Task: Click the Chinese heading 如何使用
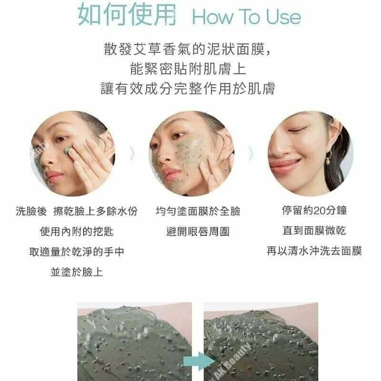(x=127, y=15)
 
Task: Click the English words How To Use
(x=246, y=17)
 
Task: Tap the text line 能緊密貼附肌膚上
(x=188, y=69)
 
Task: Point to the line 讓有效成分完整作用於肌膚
(x=188, y=88)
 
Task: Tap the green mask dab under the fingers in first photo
(x=67, y=150)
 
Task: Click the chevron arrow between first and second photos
(x=132, y=153)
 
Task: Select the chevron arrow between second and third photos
(x=251, y=153)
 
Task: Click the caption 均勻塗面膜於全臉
(x=198, y=211)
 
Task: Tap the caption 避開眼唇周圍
(x=198, y=231)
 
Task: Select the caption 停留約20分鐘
(x=314, y=210)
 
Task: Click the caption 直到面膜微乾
(x=314, y=231)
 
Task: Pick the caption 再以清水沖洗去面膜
(x=314, y=251)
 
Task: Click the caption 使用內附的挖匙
(x=77, y=231)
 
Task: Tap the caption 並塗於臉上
(x=77, y=272)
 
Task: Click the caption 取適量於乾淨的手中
(x=77, y=251)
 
